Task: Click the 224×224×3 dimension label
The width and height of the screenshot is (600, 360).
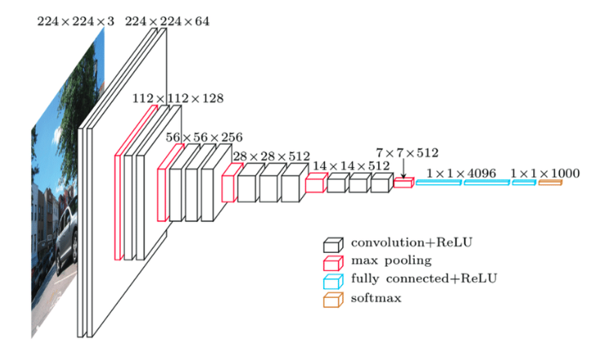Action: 76,21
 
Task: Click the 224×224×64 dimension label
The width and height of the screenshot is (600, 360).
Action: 167,21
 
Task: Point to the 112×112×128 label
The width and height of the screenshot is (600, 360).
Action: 178,98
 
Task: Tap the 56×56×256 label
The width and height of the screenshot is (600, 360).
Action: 204,137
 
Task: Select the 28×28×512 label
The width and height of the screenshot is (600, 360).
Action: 271,156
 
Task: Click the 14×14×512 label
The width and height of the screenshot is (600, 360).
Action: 351,166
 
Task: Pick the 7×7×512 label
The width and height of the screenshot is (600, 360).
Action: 407,153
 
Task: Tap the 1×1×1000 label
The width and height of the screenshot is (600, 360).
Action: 545,173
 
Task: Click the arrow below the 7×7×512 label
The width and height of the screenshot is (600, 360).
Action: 404,168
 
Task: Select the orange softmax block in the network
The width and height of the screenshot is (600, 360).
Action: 549,183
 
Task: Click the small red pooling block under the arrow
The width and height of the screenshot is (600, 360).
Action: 404,183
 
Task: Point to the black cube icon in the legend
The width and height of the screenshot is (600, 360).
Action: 332,244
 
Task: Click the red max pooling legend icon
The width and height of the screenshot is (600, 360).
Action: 332,262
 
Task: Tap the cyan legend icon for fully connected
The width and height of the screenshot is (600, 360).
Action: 332,281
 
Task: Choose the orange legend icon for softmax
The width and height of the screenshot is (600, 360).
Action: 332,300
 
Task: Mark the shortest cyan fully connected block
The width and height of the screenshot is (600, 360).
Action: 523,183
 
